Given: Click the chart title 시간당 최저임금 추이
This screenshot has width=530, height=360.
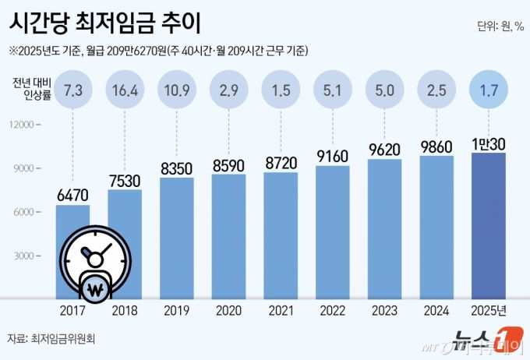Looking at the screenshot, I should [x=104, y=23].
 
